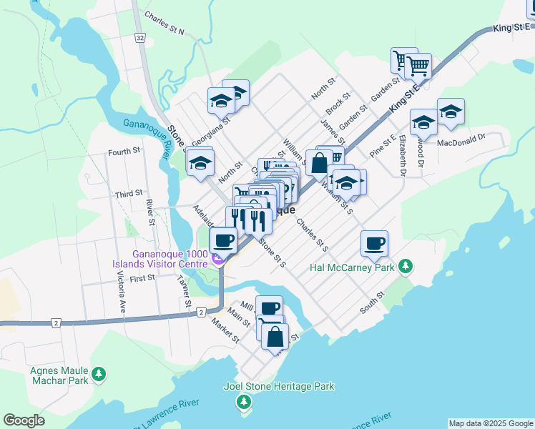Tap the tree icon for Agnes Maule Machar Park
(x=99, y=373)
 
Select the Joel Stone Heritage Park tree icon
(x=245, y=403)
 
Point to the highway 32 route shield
(x=139, y=37)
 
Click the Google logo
(x=24, y=420)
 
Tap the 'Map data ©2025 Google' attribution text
(x=490, y=423)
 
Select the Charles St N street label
(x=164, y=23)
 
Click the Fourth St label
(x=124, y=152)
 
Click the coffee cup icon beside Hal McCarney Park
(x=375, y=244)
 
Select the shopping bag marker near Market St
(x=275, y=335)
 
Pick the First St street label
(x=142, y=277)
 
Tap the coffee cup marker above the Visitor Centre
(x=223, y=241)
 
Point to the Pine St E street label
(x=383, y=145)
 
